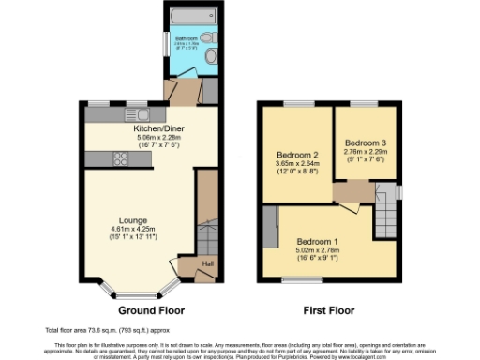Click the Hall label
click(207, 264)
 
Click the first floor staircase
click(383, 211)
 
